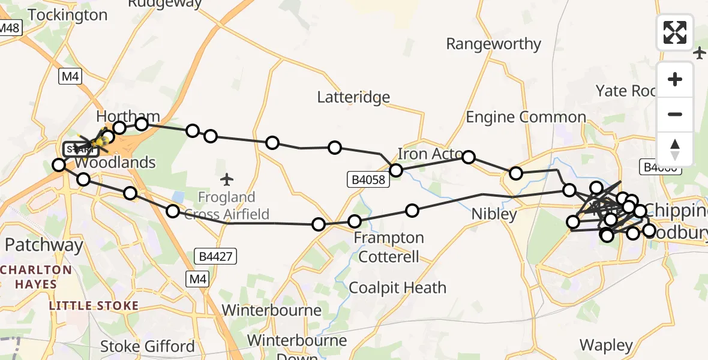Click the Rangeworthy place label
(493, 44)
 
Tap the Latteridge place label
(353, 97)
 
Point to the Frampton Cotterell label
(389, 247)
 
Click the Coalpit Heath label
(397, 288)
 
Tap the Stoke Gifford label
(147, 346)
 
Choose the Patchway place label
(44, 245)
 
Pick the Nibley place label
(494, 214)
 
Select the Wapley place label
(607, 346)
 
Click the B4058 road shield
(368, 179)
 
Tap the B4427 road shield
(216, 257)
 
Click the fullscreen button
(675, 32)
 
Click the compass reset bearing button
(675, 149)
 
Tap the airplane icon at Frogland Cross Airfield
(226, 179)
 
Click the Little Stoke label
(94, 306)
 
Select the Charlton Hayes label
(36, 277)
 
